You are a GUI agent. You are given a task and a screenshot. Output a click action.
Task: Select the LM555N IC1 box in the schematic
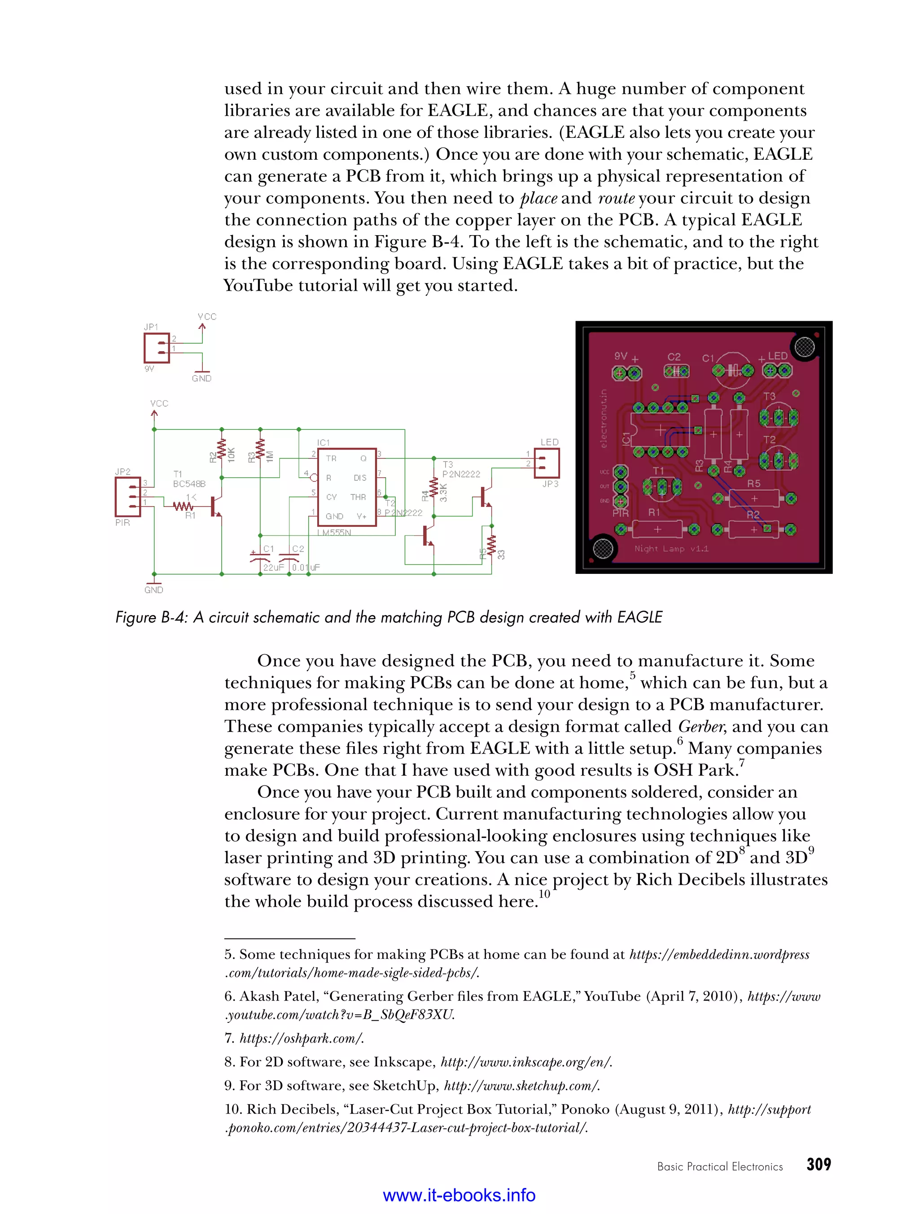pyautogui.click(x=347, y=487)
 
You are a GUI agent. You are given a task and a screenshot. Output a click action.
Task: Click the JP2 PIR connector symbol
pyautogui.click(x=127, y=497)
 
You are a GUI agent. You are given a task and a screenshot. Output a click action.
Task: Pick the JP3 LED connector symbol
pyautogui.click(x=547, y=463)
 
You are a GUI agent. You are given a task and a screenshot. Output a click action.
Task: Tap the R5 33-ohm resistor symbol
pyautogui.click(x=491, y=546)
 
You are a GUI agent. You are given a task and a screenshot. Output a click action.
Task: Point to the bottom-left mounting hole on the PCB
pyautogui.click(x=602, y=548)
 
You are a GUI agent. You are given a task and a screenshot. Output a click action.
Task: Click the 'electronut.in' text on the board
pyautogui.click(x=604, y=419)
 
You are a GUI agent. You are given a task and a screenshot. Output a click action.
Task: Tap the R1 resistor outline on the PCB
pyautogui.click(x=657, y=529)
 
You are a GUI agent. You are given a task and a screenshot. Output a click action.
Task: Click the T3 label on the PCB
pyautogui.click(x=770, y=396)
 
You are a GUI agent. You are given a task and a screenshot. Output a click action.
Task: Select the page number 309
pyautogui.click(x=818, y=1165)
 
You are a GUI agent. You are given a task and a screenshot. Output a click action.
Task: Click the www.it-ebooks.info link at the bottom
pyautogui.click(x=459, y=1195)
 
